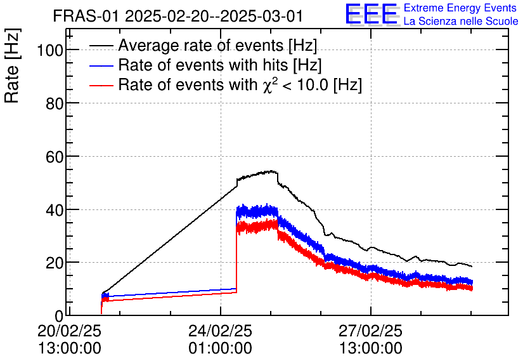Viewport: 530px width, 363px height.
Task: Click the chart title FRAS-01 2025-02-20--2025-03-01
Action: pos(178,16)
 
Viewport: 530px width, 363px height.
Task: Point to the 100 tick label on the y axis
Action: pos(48,50)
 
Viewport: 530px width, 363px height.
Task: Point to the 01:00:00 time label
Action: pos(220,348)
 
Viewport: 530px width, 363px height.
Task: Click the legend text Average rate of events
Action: pos(217,46)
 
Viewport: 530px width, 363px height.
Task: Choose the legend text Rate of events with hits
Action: pos(220,65)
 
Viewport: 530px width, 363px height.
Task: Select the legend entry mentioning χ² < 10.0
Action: pos(240,85)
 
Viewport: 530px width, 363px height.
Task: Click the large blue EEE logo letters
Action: pos(371,15)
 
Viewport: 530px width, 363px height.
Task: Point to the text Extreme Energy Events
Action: pos(461,8)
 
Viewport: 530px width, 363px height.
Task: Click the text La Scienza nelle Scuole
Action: pos(461,22)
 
